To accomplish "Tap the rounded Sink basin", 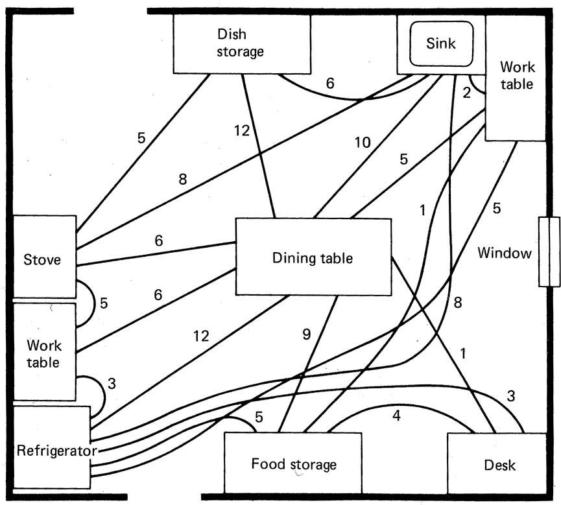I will point(441,43).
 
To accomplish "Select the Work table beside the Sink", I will point(516,76).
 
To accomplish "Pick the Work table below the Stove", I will point(44,352).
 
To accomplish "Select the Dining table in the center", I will point(313,258).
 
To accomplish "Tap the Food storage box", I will point(293,464).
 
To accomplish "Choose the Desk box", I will point(499,464).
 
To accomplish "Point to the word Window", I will point(504,253).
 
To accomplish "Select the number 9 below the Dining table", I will point(307,335).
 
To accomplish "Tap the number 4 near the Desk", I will point(396,415).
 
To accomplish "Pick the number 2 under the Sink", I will point(466,92).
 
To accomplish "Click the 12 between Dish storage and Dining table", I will point(243,130).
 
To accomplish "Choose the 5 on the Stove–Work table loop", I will point(103,303).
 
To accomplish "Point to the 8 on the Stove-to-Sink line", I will point(184,179).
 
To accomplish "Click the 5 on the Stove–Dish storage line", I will point(141,137).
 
